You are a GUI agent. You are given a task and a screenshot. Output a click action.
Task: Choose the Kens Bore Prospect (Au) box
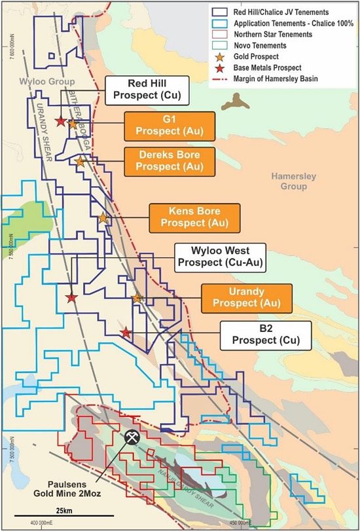pos(194,217)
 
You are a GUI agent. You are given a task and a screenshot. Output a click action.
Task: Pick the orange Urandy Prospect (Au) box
pos(246,297)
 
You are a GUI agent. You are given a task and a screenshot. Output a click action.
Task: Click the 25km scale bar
pos(64,503)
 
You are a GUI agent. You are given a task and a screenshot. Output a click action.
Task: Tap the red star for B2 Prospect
pos(126,333)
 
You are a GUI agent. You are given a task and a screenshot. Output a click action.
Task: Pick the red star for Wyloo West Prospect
pos(71,298)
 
